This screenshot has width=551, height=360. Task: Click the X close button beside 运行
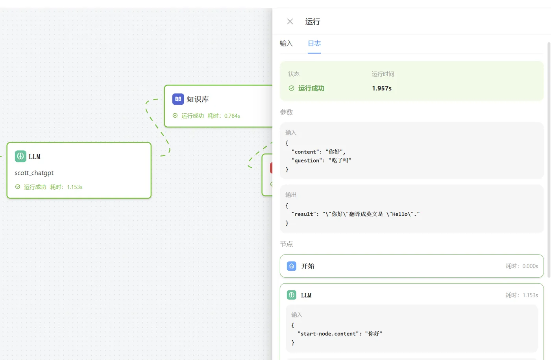coord(290,22)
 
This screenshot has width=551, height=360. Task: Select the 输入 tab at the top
coord(286,44)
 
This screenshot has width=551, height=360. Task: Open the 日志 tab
coord(314,44)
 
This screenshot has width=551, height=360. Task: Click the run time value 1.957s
coord(381,88)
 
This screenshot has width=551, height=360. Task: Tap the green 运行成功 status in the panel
coord(311,88)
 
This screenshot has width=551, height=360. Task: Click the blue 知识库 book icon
coord(178,99)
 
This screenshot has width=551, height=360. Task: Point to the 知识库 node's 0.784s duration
coord(232,116)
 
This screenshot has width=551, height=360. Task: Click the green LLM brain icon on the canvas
coord(20,156)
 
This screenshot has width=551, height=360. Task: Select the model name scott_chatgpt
coord(34,173)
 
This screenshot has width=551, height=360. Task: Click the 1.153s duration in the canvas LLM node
coord(74,187)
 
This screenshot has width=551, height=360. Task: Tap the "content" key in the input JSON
coord(305,152)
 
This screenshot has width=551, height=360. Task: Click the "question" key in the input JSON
coord(307,161)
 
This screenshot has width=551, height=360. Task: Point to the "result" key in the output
coord(304,214)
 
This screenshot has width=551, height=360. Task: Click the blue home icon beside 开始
coord(292,266)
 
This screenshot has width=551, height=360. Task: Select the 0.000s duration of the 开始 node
coord(530,266)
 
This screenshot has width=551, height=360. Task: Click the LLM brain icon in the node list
coord(292,295)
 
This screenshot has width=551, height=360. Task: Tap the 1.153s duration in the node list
coord(530,295)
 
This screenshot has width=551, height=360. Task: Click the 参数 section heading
coord(287,113)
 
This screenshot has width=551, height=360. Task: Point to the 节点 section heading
coord(287,244)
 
